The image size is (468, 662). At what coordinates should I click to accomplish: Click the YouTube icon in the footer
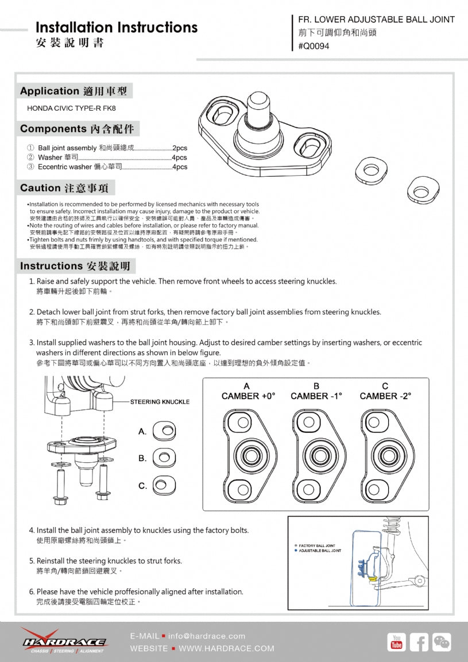396,642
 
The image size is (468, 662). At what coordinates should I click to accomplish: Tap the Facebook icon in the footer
419,642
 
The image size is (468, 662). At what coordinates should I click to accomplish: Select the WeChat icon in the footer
442,642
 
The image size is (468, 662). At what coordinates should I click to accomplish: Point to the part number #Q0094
314,47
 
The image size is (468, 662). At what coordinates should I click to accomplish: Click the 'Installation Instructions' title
116,28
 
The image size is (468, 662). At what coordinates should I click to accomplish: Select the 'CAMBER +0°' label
248,396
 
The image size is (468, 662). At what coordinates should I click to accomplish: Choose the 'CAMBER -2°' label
385,396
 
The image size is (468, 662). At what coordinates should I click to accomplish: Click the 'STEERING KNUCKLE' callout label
160,401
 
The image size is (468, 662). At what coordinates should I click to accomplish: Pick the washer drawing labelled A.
166,431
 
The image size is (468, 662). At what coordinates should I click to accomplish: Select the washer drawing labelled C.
166,486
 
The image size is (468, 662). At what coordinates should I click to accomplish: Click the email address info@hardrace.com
207,636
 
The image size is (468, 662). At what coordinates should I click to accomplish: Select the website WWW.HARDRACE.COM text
226,648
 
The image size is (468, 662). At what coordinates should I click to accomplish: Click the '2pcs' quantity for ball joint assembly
180,148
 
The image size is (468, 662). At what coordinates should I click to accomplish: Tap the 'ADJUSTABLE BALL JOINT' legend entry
319,551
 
